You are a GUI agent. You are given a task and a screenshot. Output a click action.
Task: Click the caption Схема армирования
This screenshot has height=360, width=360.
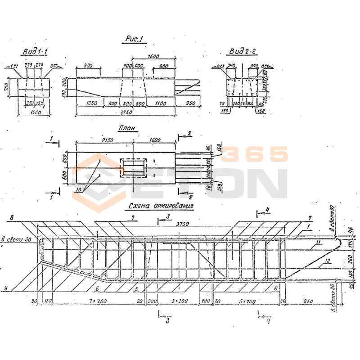pyautogui.click(x=161, y=207)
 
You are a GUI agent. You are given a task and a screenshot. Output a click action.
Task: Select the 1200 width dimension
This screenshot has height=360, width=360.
pyautogui.click(x=34, y=113)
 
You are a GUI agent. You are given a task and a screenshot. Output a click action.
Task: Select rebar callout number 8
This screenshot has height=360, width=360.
pyautogui.click(x=12, y=217)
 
